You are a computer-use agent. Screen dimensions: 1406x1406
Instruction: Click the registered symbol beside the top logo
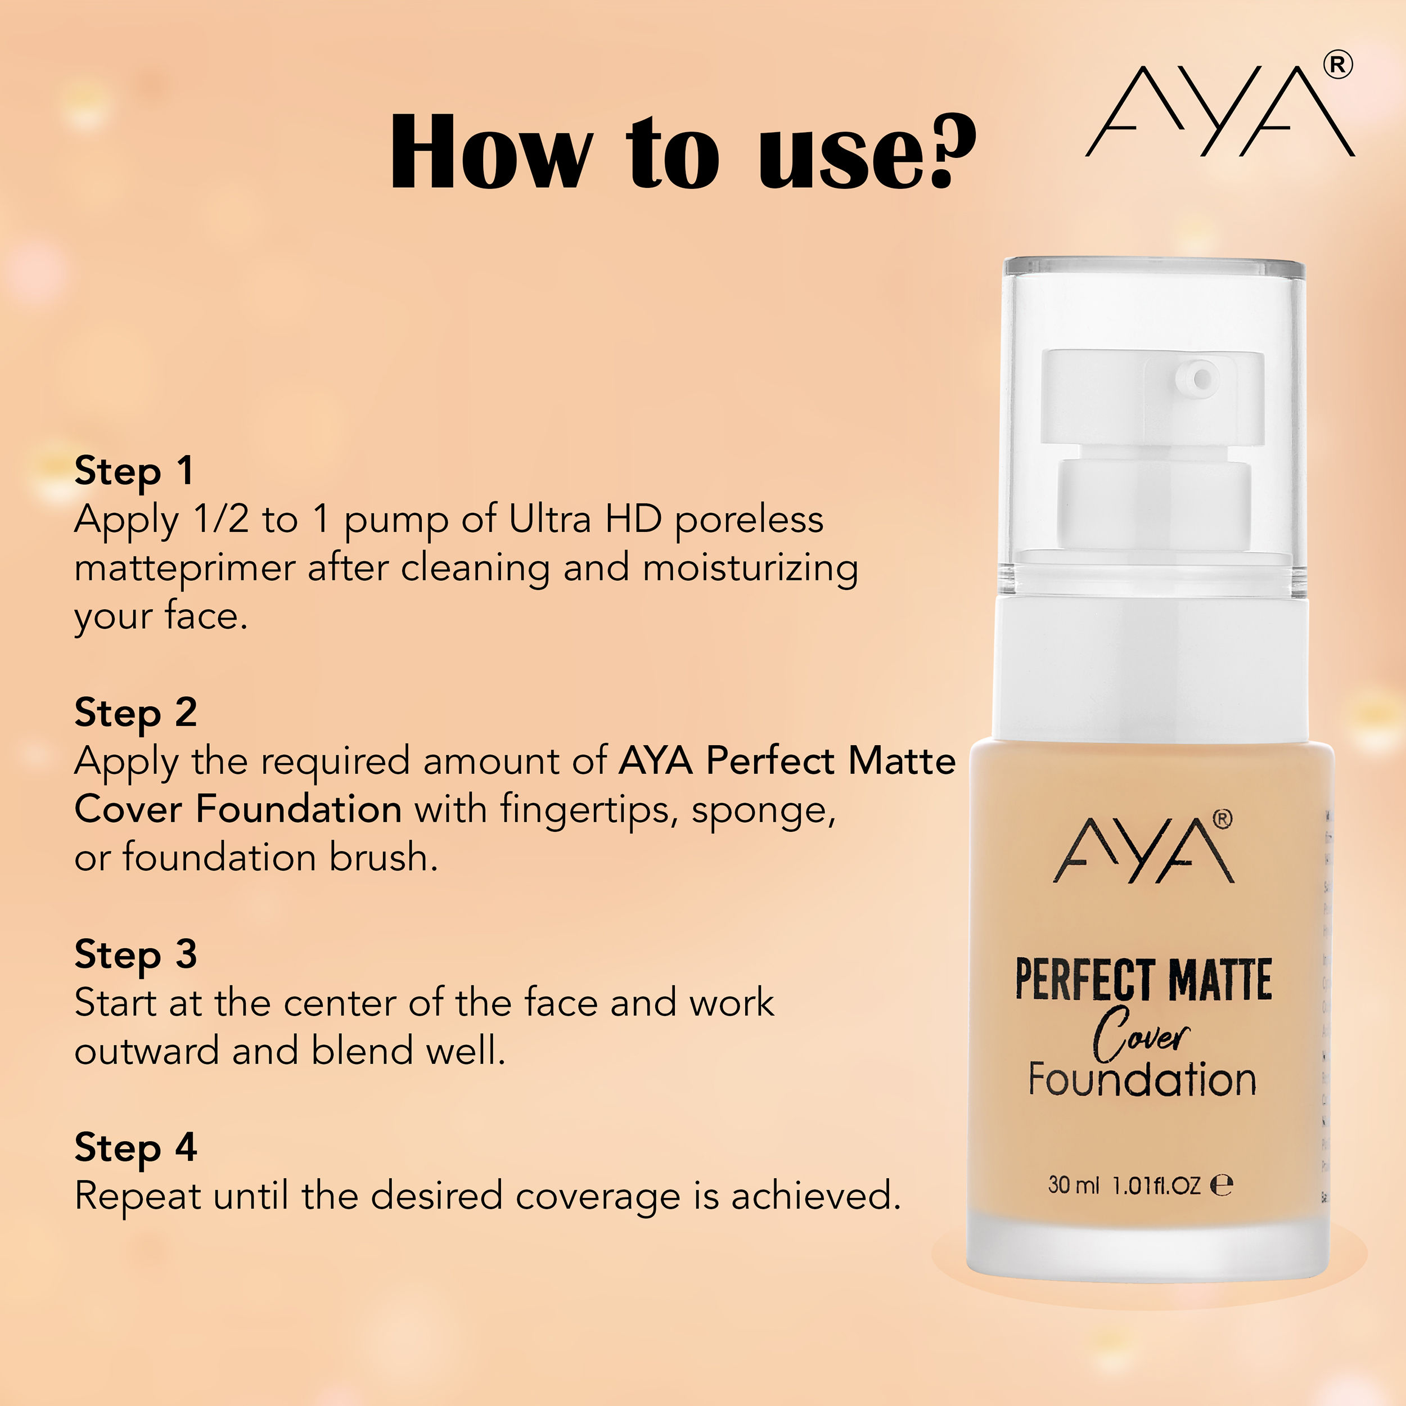tap(1337, 65)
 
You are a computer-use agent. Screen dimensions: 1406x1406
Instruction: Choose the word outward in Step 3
tap(146, 1051)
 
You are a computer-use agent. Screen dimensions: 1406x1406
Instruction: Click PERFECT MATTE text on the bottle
tap(1143, 980)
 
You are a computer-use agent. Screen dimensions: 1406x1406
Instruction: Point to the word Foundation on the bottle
tap(1142, 1079)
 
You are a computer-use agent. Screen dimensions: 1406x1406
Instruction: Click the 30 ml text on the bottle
tap(1072, 1185)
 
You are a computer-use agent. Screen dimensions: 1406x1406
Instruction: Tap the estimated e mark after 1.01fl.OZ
tap(1221, 1186)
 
